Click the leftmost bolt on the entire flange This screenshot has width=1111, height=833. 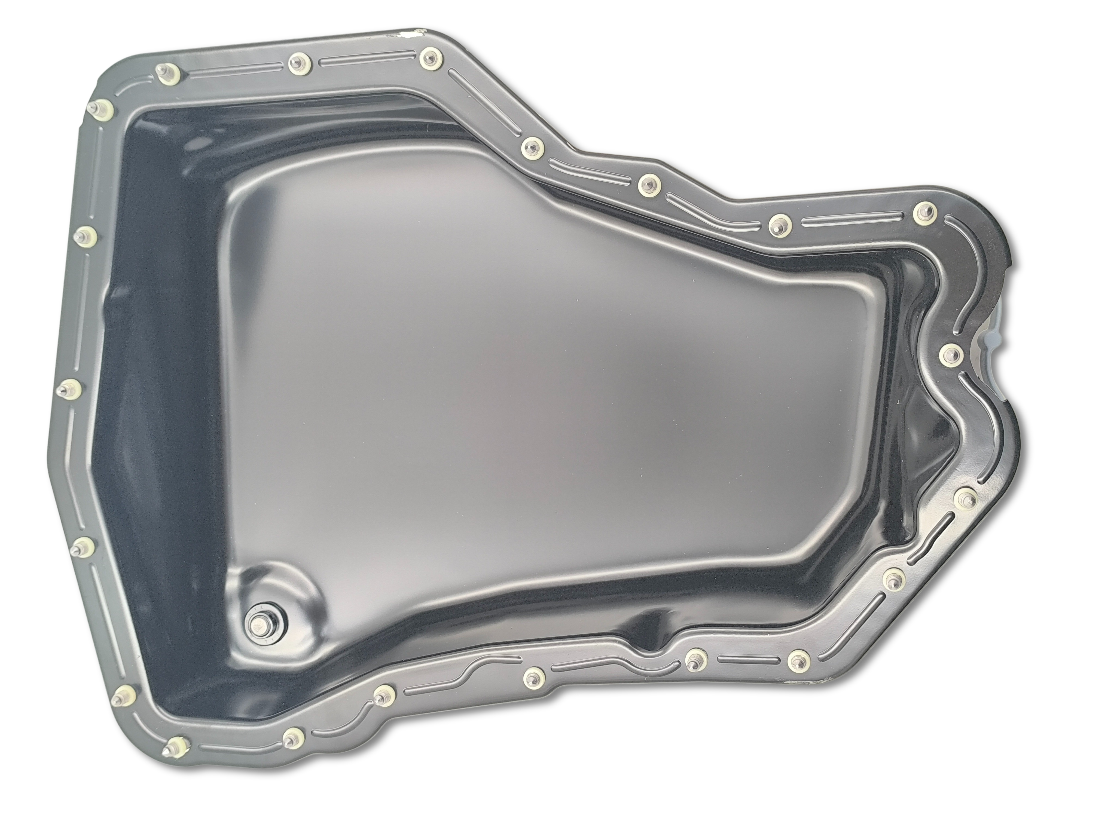70,389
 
